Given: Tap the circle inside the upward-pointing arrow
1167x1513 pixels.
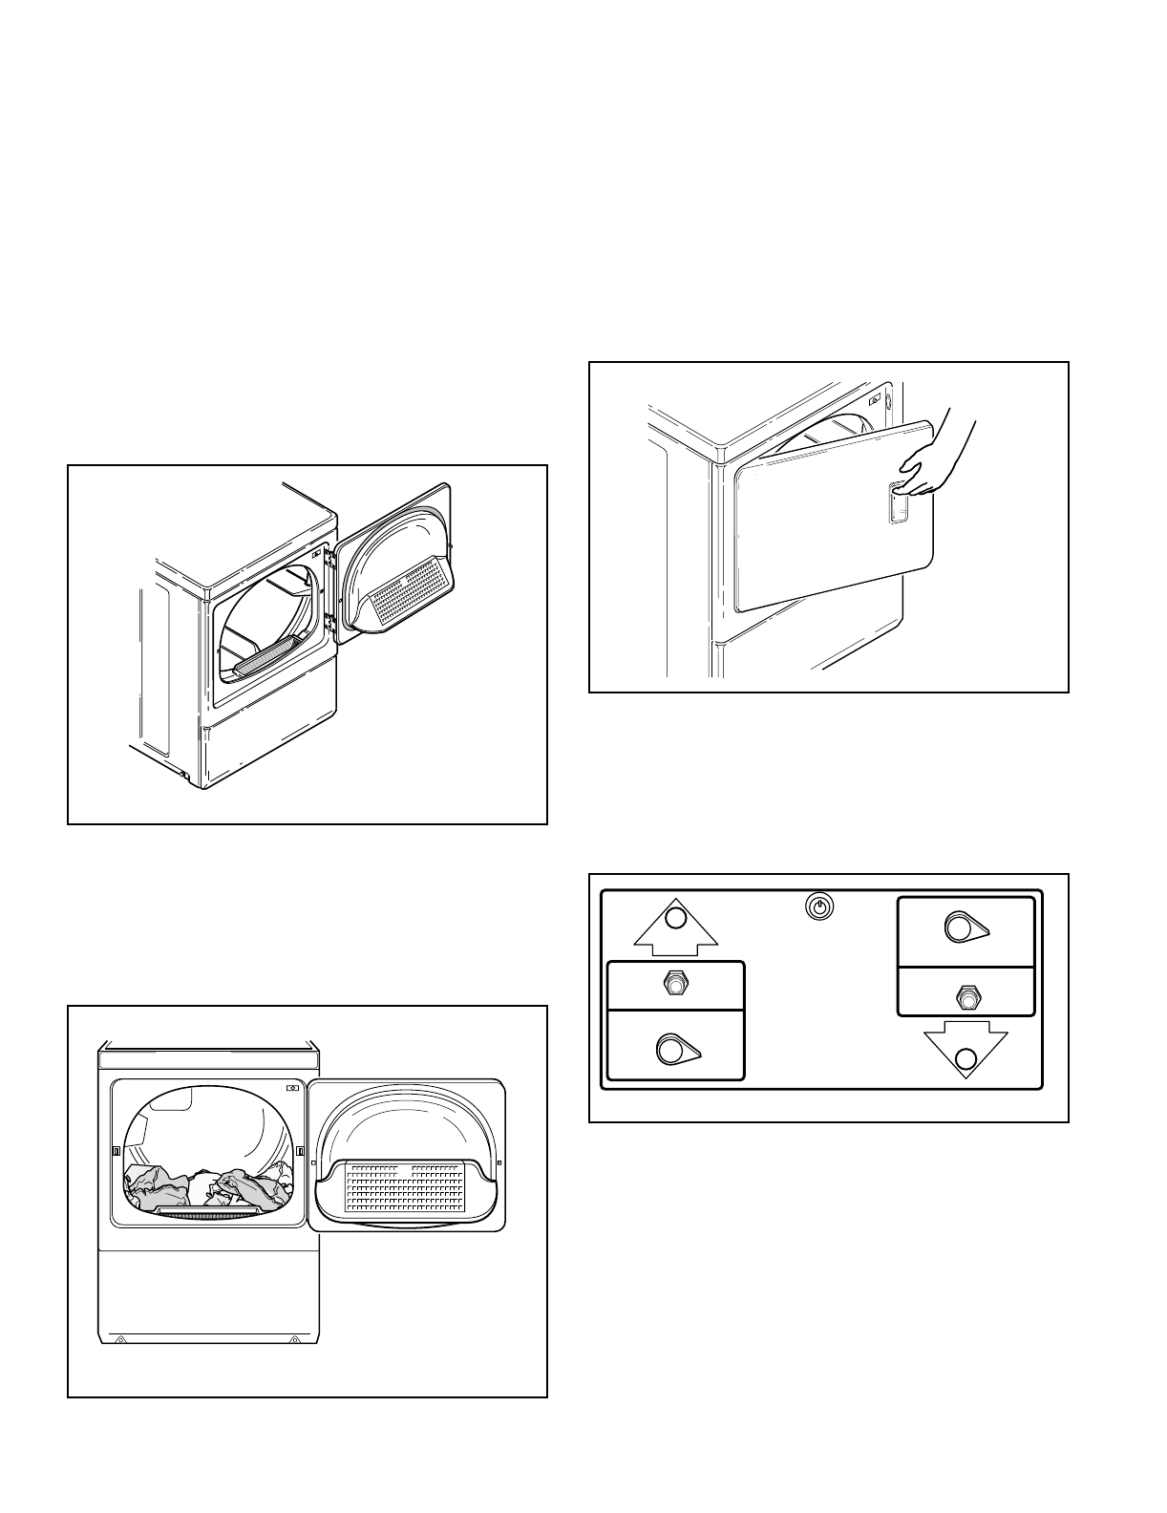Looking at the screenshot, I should (675, 919).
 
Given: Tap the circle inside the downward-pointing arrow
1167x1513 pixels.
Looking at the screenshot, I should (966, 1058).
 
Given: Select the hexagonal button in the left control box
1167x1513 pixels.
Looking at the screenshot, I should (675, 984).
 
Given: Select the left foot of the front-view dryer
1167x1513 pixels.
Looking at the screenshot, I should (120, 1340).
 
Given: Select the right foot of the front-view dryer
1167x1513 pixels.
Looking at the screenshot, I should (298, 1340).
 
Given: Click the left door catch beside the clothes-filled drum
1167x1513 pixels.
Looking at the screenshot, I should (116, 1152).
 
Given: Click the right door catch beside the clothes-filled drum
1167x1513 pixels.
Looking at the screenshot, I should (301, 1152).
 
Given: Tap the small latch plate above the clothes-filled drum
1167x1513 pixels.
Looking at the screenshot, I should (292, 1089).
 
